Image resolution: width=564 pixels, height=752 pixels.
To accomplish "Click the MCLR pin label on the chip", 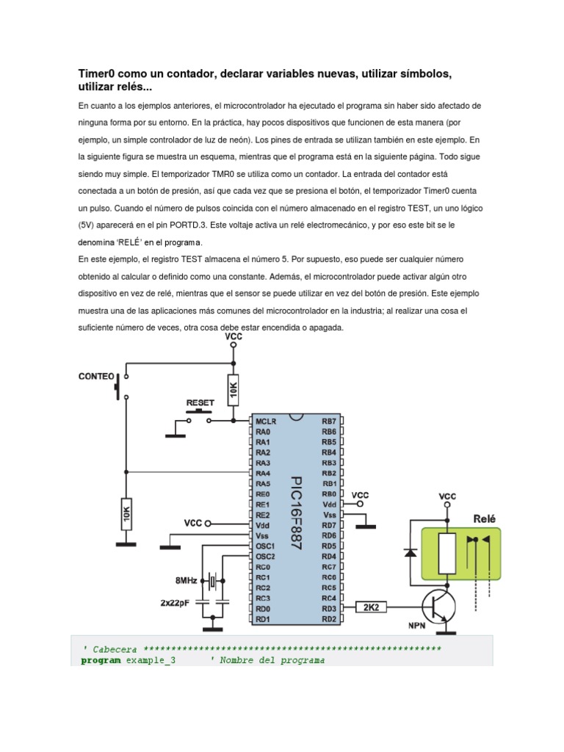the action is (x=265, y=422).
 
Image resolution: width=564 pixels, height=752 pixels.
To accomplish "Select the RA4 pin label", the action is (x=263, y=474).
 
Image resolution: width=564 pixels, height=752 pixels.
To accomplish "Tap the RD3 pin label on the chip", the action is (x=328, y=608).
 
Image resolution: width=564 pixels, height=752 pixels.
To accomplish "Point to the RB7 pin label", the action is (x=328, y=422).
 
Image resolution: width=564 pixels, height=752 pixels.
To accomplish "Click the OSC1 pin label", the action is (x=265, y=546).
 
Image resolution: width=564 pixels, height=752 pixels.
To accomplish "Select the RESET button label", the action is (x=200, y=403).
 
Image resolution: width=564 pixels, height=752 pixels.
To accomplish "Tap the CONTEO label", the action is (x=96, y=377).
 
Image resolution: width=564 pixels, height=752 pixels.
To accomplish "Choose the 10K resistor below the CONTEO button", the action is (x=126, y=512).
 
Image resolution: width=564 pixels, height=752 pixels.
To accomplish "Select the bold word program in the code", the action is (x=101, y=660).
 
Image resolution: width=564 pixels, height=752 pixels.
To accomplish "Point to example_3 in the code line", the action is (x=151, y=660).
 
